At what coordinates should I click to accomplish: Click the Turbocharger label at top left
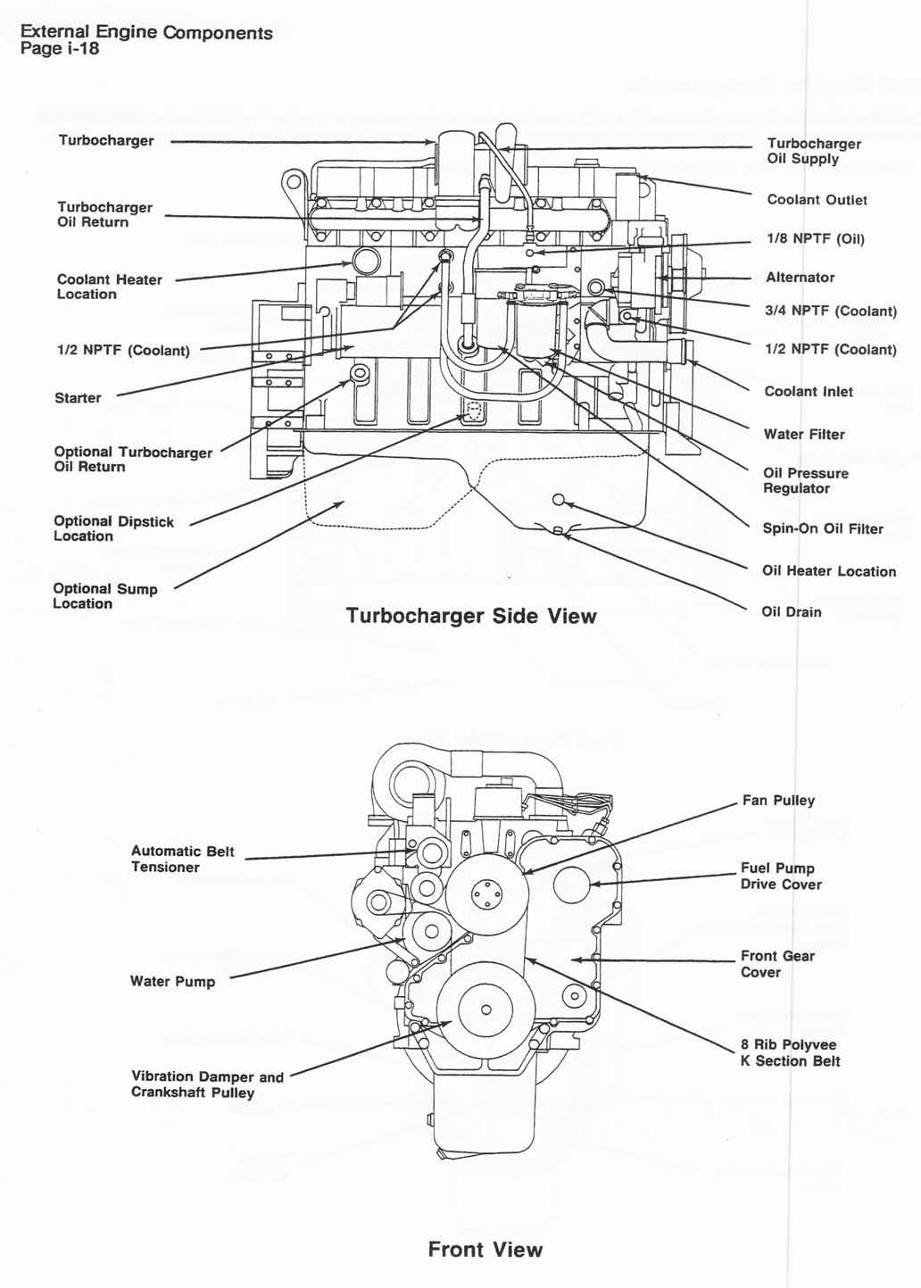pos(105,141)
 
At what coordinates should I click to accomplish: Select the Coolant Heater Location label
pos(109,287)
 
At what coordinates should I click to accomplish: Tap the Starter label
pos(78,398)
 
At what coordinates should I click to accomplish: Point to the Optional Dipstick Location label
pos(113,528)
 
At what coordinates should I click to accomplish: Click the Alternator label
pos(800,278)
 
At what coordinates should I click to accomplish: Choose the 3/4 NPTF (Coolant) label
pos(830,312)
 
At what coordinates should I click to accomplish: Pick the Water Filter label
pos(803,435)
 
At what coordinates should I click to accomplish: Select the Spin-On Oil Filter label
pos(822,528)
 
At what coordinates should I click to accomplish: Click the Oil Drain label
pos(791,612)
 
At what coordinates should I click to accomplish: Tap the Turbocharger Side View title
pos(470,616)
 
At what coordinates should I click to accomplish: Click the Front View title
pos(485,1249)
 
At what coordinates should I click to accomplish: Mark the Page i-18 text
pos(59,49)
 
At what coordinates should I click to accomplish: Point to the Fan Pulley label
pos(778,801)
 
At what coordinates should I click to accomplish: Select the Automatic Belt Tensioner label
pos(182,859)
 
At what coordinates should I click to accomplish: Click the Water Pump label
pos(172,982)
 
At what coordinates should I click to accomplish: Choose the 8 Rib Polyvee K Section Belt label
pos(789,1053)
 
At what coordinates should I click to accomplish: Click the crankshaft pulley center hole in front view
pos(485,1010)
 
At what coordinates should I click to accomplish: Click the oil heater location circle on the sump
pos(559,499)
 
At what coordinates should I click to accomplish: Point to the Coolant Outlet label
pos(817,200)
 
